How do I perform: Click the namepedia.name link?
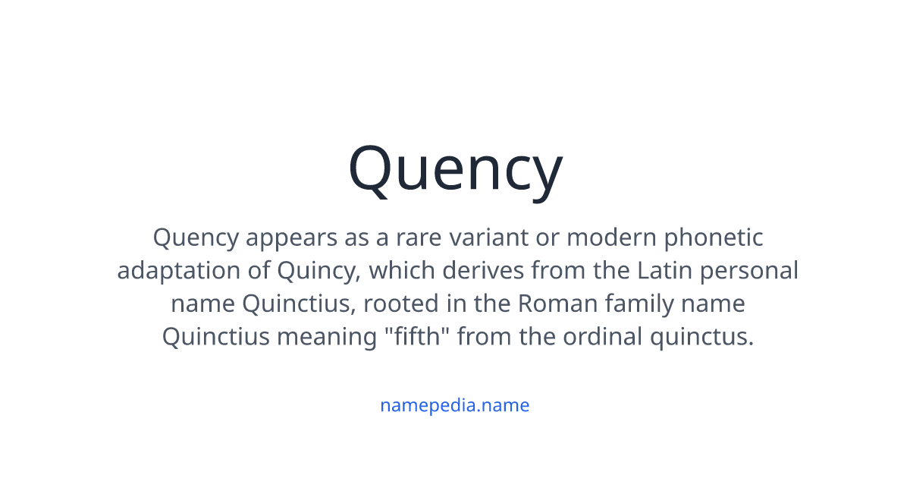(454, 406)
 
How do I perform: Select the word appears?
(291, 238)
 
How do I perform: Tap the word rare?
(419, 237)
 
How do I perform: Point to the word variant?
(488, 237)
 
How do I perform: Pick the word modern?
(611, 237)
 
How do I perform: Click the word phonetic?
(714, 238)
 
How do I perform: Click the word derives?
(483, 271)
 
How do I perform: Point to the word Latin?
(664, 271)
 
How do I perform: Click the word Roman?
(557, 304)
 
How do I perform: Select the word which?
(402, 271)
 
